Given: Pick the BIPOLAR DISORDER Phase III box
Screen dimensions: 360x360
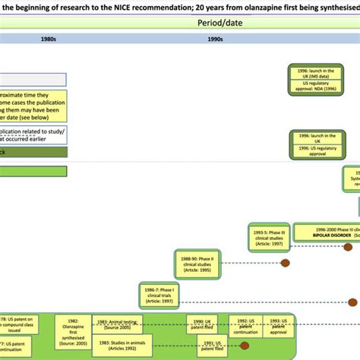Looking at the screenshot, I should (327, 232).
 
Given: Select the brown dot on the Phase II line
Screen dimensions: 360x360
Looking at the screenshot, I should (286, 264).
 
